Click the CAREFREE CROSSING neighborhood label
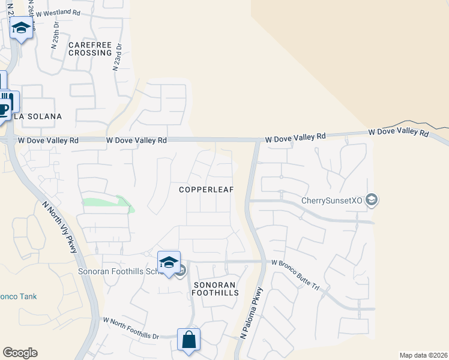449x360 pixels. tap(90, 49)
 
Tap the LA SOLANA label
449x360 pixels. tap(38, 116)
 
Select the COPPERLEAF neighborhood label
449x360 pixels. tap(206, 190)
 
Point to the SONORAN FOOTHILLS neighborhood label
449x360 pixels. tap(215, 288)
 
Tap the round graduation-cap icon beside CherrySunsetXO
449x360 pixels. tap(372, 200)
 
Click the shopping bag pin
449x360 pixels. tap(189, 340)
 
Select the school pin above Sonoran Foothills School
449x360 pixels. tap(169, 262)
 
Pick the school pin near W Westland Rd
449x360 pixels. tap(22, 28)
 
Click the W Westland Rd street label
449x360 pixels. tap(58, 12)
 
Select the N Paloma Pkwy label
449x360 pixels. tap(252, 313)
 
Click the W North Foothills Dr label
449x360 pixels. tap(131, 328)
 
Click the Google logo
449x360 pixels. tap(20, 353)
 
